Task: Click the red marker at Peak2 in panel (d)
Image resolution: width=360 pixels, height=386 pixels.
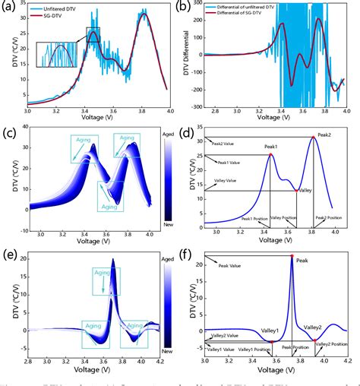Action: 313,138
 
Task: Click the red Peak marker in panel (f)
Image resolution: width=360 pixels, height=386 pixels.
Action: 292,256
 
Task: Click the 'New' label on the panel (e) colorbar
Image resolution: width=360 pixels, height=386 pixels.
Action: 169,351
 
